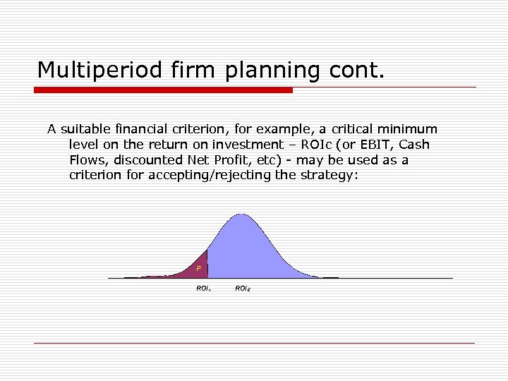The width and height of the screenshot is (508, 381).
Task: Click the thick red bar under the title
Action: (x=163, y=90)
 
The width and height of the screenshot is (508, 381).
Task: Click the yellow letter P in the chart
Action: (x=199, y=269)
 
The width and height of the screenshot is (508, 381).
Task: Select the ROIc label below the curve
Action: (x=202, y=288)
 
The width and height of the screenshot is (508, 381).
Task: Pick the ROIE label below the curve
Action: (x=242, y=288)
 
